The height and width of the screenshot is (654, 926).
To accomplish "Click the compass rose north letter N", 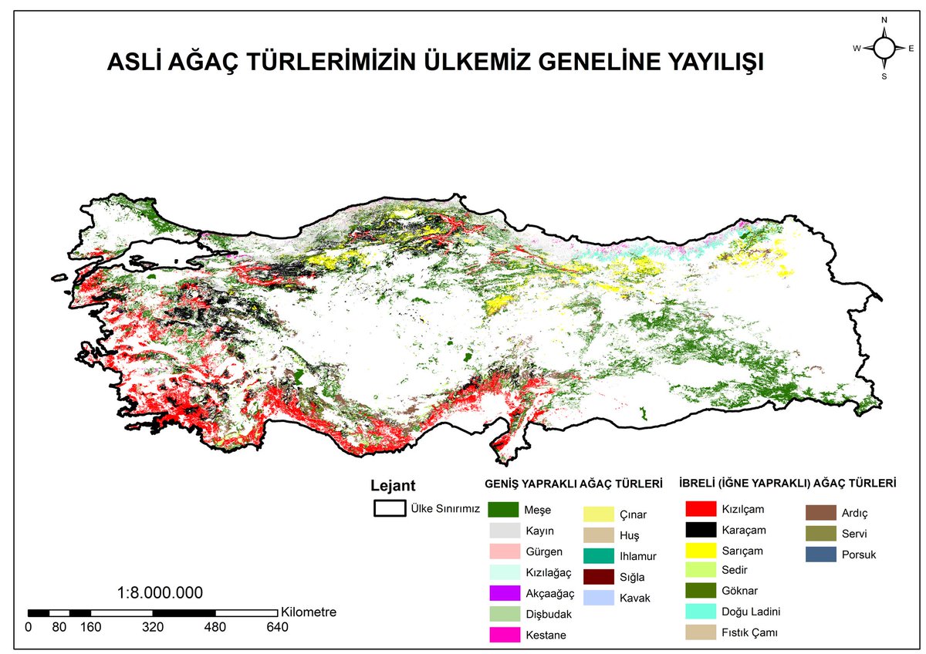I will [x=884, y=20].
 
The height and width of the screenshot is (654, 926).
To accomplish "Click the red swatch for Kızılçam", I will [x=698, y=509].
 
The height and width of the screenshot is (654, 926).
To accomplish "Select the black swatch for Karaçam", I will [x=698, y=530].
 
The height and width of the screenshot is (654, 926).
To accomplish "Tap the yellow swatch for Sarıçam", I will [x=698, y=551].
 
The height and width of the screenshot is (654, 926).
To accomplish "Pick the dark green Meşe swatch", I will [x=502, y=510].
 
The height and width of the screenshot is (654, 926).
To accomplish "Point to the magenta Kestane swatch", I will [x=502, y=635].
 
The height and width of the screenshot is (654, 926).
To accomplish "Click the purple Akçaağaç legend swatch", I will [x=502, y=593].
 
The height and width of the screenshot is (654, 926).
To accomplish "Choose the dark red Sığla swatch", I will [x=598, y=576].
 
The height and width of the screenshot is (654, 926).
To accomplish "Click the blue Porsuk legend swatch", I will [x=819, y=554].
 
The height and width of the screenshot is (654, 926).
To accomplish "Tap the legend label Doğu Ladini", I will [x=751, y=612].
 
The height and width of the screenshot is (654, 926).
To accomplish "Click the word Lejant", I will [x=393, y=486].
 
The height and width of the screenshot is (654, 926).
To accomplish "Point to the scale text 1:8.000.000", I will [x=160, y=593].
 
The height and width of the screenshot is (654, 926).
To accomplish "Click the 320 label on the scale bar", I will [x=153, y=627].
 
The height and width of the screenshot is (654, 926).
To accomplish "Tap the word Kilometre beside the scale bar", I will [x=309, y=612].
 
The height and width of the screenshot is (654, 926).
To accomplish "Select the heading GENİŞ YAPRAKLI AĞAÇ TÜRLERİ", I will [x=573, y=484].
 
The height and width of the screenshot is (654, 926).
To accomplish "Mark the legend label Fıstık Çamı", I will [x=749, y=632].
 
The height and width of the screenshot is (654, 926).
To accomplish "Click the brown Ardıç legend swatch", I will [x=819, y=513].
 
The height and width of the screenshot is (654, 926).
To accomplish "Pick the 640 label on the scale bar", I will [x=277, y=627].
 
